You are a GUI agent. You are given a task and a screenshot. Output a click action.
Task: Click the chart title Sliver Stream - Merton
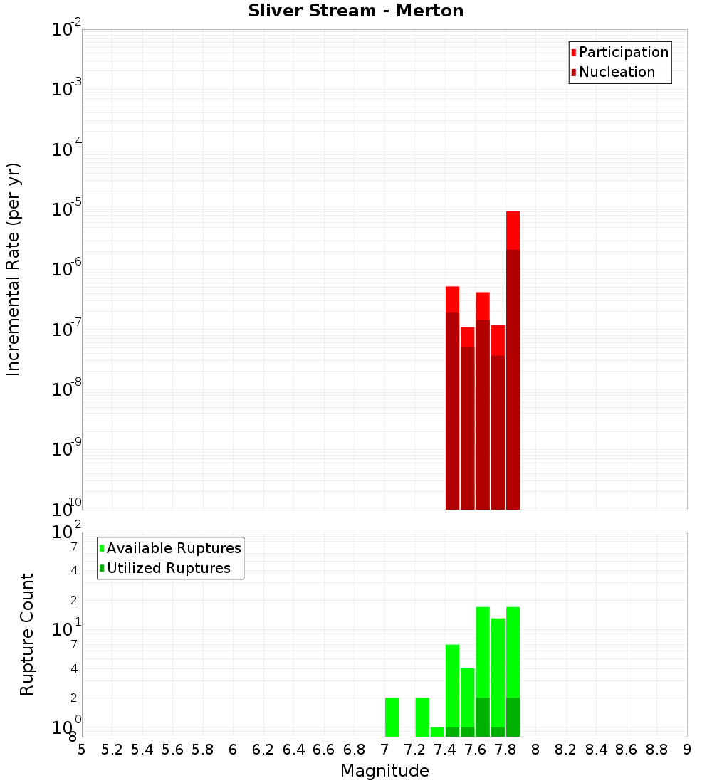click(356, 11)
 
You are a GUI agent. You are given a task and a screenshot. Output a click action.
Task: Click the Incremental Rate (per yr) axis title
click(14, 269)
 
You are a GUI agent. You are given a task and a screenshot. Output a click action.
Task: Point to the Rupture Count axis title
click(27, 634)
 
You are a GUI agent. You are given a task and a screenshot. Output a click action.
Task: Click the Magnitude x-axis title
click(384, 771)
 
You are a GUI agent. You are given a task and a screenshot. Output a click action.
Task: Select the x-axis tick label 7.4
click(445, 750)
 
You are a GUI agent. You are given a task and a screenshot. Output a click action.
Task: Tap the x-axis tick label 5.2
click(112, 750)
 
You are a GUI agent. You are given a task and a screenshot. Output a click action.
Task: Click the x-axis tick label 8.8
click(656, 750)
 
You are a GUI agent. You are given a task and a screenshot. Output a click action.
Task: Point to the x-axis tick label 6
click(233, 750)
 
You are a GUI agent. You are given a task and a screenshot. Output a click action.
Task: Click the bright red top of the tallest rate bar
click(513, 229)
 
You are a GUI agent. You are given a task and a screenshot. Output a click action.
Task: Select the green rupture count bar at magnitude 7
click(392, 717)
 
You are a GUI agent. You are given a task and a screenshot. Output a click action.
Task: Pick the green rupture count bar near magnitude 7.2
click(422, 717)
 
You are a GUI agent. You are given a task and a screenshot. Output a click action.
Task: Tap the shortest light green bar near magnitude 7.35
click(437, 732)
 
